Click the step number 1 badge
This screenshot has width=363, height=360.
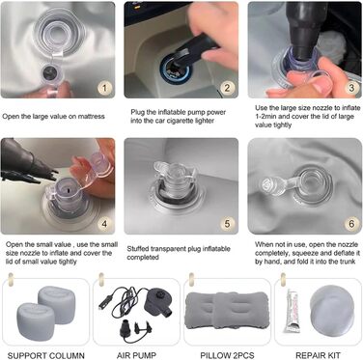click(x=104, y=87)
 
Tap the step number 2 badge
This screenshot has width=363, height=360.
click(x=228, y=87)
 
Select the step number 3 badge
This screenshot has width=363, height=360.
click(x=351, y=87)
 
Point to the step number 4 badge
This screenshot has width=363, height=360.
click(x=104, y=223)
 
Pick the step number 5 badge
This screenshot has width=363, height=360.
click(x=228, y=223)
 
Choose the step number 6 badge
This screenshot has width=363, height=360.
click(x=351, y=223)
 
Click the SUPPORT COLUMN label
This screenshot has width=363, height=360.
click(x=45, y=355)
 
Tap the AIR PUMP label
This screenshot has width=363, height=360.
click(x=136, y=355)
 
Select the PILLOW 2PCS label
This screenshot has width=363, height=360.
click(x=227, y=355)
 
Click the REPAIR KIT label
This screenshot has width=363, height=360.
click(x=318, y=355)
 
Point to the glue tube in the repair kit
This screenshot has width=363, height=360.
click(x=292, y=311)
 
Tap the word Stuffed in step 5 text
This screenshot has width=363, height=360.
click(x=138, y=249)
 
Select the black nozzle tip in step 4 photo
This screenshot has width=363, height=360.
click(x=48, y=172)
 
